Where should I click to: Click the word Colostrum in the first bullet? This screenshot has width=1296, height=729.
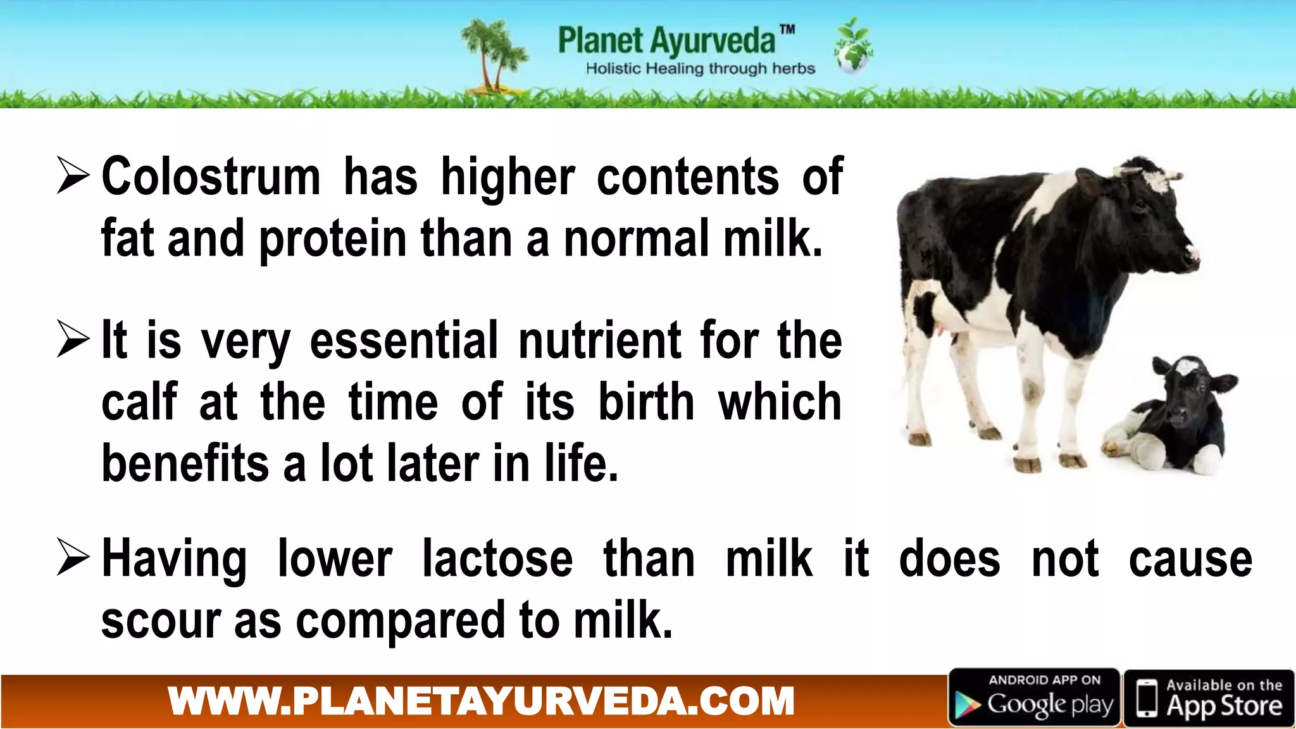(211, 177)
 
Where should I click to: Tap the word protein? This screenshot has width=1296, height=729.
(333, 240)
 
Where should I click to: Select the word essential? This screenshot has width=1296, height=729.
(404, 341)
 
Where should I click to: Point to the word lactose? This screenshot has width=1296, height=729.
(497, 559)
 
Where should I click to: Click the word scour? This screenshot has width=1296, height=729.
(161, 621)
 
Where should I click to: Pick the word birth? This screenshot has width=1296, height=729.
(646, 402)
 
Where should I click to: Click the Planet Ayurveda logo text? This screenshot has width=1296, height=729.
(667, 40)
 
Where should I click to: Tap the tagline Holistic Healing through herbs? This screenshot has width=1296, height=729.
(700, 69)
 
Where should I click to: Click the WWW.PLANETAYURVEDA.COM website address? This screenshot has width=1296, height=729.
(481, 701)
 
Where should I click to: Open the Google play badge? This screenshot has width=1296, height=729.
(1034, 698)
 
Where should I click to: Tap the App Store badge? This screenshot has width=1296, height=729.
(1209, 698)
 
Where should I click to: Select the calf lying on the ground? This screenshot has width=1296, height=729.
(1171, 421)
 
